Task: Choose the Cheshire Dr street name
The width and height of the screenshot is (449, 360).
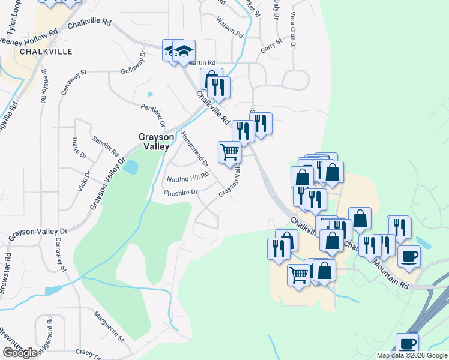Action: tap(181, 192)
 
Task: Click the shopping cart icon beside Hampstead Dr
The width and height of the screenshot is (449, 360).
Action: tap(229, 152)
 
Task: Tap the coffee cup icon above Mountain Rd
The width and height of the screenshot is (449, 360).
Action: tap(409, 256)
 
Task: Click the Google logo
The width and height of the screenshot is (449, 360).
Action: tap(20, 353)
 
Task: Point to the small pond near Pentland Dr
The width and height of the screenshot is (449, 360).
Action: tap(149, 94)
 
